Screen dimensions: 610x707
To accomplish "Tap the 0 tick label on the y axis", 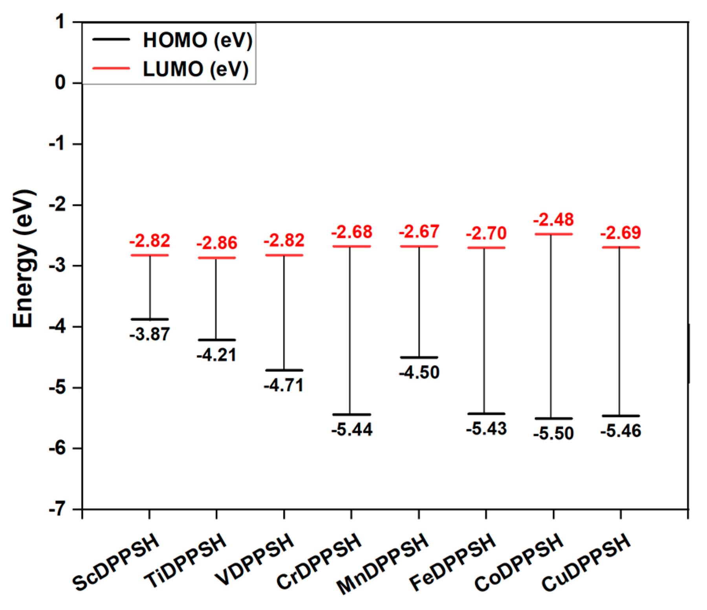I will coord(60,83).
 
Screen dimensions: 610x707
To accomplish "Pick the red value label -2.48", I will coord(553,219).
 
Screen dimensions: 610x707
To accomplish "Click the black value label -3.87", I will coord(150,334).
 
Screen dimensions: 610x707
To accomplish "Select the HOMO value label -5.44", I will coord(352,429).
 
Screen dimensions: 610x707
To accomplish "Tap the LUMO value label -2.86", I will coord(217,243).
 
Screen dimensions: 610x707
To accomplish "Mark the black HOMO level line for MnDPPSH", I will coord(419,357).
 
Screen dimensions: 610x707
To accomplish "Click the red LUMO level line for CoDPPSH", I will coord(553,234).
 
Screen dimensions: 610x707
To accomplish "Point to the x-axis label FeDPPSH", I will coord(452,562).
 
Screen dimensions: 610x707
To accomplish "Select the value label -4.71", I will coord(284,385).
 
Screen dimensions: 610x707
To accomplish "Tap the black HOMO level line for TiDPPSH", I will coord(216,340).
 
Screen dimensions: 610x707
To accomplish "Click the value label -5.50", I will coord(553,433).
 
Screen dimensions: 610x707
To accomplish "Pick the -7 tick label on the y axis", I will coord(57,509).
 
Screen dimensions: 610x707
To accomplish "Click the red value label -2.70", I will coord(486,233).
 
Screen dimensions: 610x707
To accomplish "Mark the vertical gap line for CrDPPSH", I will coord(350,330).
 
